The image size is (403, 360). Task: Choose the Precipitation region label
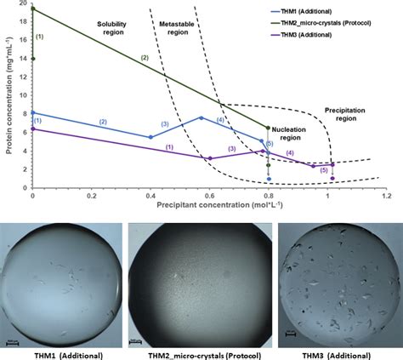point(349,116)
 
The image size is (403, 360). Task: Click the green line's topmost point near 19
point(32,9)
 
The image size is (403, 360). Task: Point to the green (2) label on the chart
point(145,57)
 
